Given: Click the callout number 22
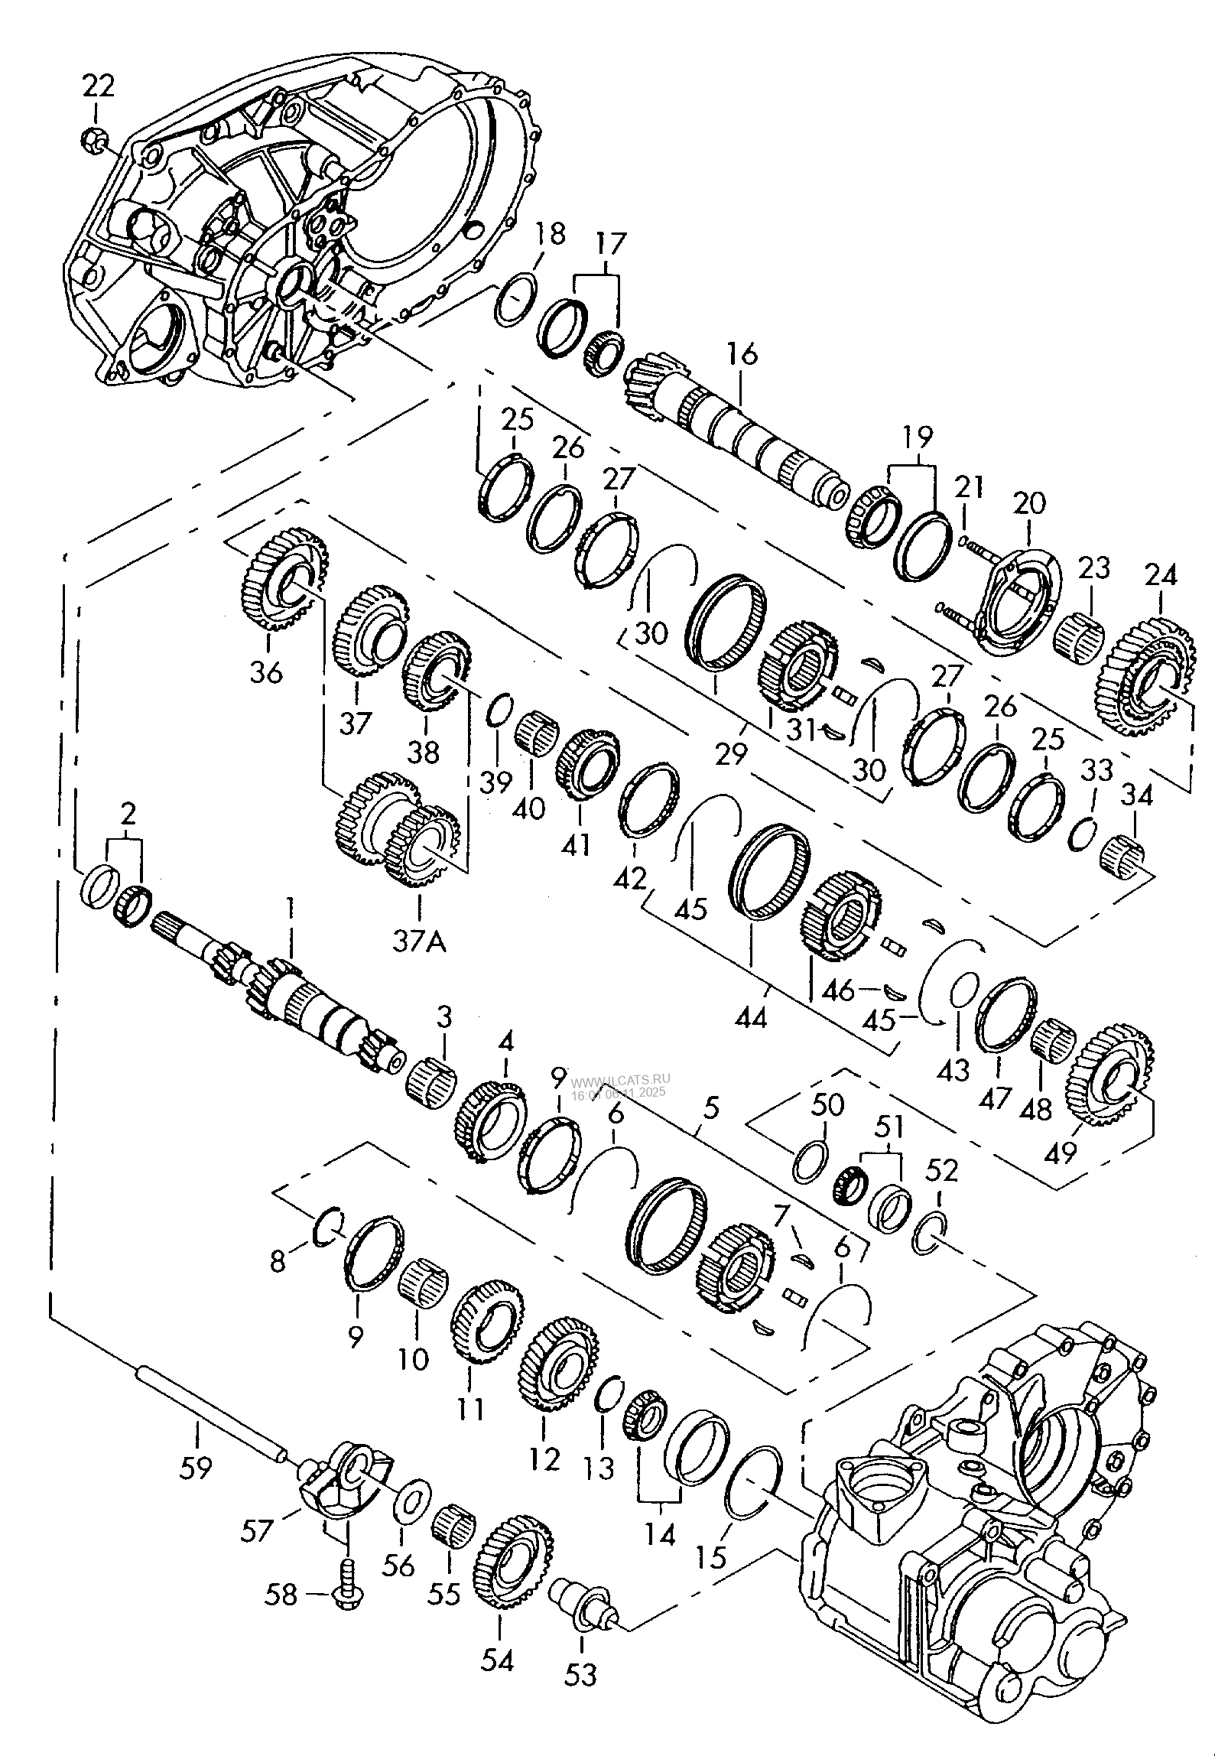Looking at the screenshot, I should click(98, 86).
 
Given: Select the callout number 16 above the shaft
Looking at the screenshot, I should click(742, 355).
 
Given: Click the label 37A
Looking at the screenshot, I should click(420, 942).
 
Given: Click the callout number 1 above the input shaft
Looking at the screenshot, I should click(290, 908).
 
